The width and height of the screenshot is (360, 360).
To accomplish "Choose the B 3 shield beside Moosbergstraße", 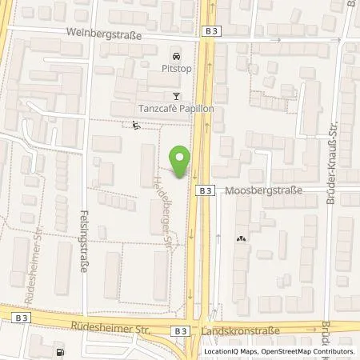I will pos(206,190).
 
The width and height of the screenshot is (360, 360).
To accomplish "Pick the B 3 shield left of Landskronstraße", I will pos(182,330).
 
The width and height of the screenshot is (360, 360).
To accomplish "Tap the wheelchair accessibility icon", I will pos(135,125).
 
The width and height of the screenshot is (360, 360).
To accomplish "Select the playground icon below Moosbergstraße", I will pos(242,238).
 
